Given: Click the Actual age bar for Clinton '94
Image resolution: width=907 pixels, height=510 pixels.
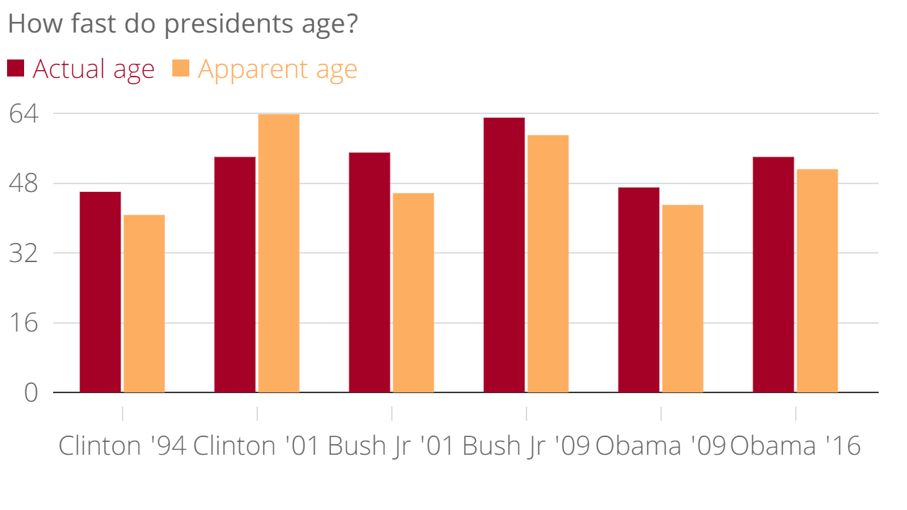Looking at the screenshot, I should tap(100, 292).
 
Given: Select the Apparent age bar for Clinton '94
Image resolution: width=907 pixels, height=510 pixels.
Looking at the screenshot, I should tap(144, 303).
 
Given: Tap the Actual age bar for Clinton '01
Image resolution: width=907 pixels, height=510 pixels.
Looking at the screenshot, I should tap(235, 274).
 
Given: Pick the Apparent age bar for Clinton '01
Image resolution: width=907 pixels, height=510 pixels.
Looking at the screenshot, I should tap(278, 253).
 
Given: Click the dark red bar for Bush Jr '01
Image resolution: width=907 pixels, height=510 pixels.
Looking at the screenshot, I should tap(369, 272).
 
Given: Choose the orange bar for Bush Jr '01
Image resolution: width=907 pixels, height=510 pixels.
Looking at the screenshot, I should tap(413, 293).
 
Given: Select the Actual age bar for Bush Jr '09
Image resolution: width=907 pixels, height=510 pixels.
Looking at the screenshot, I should tap(504, 255).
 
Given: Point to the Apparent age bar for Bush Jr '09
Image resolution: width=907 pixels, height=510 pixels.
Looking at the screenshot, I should tap(548, 263).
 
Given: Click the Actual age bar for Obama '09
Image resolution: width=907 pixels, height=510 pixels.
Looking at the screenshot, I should tap(638, 290).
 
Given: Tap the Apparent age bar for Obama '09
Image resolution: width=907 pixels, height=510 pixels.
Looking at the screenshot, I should tap(682, 298).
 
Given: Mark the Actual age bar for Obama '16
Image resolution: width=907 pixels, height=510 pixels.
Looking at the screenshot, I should tap(773, 274).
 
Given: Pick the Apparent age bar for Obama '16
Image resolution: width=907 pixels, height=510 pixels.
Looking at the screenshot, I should tap(817, 280).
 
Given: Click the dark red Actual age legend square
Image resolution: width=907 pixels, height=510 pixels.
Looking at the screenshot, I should tap(16, 69).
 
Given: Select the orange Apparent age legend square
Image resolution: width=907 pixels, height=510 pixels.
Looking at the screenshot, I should tap(181, 69).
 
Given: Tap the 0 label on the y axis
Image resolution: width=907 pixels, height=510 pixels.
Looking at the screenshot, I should tap(30, 392).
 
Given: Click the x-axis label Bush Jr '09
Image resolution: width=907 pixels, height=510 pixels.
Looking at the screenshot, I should tap(526, 446).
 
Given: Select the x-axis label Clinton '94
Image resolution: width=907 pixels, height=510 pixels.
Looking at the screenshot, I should tap(122, 446).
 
